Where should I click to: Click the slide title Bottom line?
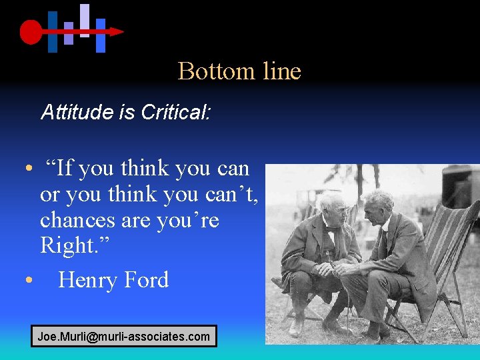coord(239,71)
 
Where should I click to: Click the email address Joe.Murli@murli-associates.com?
coord(123,337)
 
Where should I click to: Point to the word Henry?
coord(85,280)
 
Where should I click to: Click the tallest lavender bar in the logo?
coord(85,20)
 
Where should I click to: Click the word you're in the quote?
coord(186,220)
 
